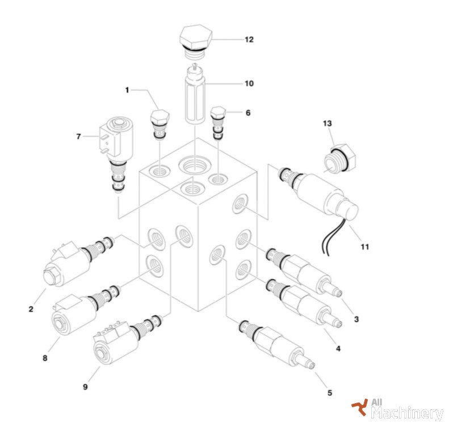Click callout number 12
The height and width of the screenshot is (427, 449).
249,40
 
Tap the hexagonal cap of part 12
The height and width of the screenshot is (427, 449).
196,37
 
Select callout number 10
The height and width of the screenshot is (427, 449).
249,83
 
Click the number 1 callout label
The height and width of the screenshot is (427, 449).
127,90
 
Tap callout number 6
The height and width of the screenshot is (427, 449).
248,113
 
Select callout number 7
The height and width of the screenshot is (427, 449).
78,137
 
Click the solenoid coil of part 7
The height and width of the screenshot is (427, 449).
116,139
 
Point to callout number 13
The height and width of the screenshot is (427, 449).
328,123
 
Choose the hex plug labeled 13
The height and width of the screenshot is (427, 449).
339,158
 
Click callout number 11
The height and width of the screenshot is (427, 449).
364,247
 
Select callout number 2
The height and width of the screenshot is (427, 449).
31,309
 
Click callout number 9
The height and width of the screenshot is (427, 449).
85,387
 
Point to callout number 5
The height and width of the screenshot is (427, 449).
330,393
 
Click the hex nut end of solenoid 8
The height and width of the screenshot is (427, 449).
60,324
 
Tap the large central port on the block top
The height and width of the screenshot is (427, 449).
195,166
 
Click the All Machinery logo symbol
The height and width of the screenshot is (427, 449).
360,407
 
